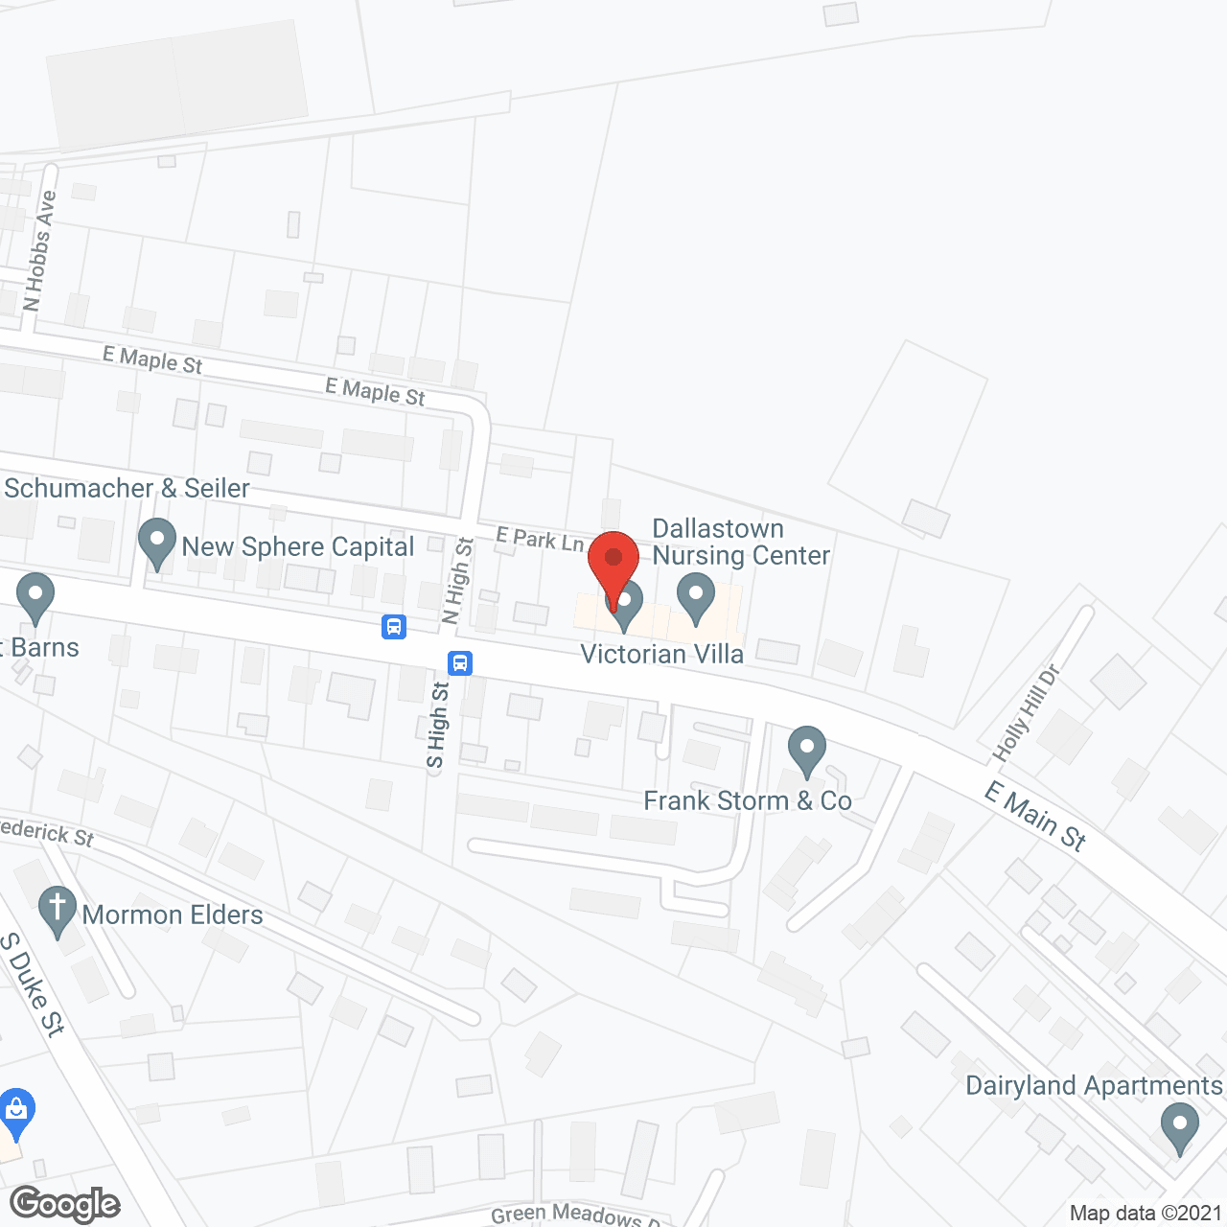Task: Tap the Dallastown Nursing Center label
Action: [741, 543]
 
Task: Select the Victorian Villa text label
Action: [662, 655]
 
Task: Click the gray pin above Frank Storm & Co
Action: [807, 751]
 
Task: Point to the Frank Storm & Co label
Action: [748, 801]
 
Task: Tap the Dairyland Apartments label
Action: [1094, 1086]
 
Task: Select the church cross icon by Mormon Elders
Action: [58, 910]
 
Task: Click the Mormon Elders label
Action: [173, 915]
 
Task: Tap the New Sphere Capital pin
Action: [157, 543]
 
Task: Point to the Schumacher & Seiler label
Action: [127, 489]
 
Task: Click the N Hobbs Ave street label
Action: [39, 251]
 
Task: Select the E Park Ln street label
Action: [540, 540]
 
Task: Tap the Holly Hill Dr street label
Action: [1028, 713]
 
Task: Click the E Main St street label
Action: [1035, 817]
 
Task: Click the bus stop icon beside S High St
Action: [460, 662]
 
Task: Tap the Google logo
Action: [65, 1204]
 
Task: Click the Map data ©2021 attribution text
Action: [1146, 1214]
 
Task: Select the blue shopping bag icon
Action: [15, 1112]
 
